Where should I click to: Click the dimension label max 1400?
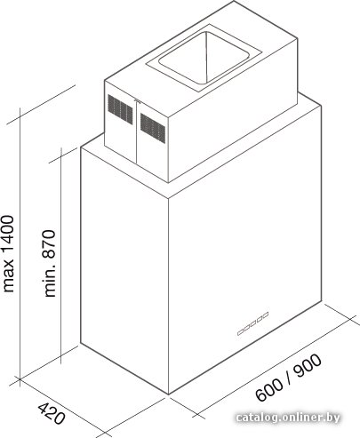[x=8, y=254]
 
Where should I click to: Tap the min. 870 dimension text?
[x=50, y=264]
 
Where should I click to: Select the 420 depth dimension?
[x=51, y=412]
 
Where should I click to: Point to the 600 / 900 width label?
[x=289, y=378]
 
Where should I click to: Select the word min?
[x=50, y=282]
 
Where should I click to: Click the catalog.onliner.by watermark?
[x=288, y=418]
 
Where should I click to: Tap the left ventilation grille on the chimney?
[x=120, y=109]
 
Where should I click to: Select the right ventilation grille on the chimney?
[x=153, y=128]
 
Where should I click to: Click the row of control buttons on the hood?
[x=253, y=323]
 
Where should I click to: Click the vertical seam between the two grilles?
[x=137, y=132]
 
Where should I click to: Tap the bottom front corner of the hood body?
[x=168, y=394]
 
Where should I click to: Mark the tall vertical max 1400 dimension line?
[x=20, y=247]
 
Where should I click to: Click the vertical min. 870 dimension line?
[x=61, y=255]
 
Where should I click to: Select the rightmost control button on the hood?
[x=266, y=315]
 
